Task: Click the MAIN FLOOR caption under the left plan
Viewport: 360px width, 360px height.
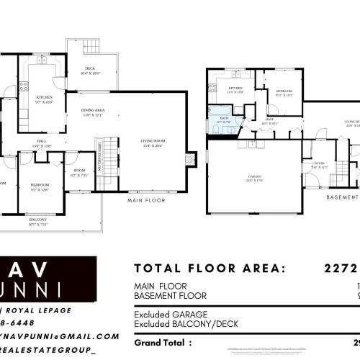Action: [146, 200]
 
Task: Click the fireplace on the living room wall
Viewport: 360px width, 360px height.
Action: [191, 159]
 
